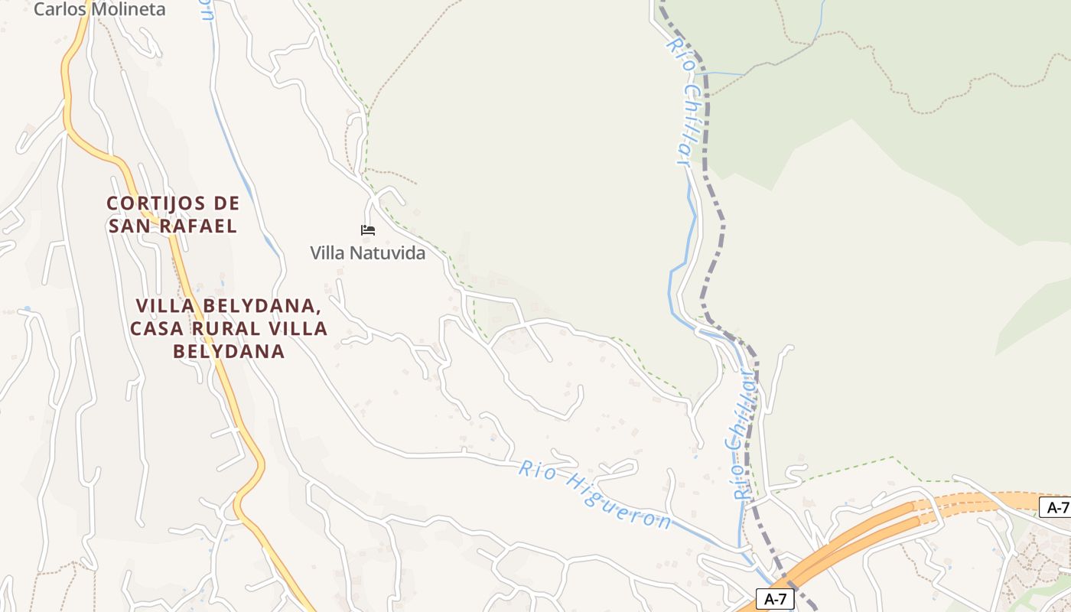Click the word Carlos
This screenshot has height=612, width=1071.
[60, 10]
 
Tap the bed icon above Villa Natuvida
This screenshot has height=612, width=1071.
[368, 229]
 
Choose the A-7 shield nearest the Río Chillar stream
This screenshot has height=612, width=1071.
[776, 599]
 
